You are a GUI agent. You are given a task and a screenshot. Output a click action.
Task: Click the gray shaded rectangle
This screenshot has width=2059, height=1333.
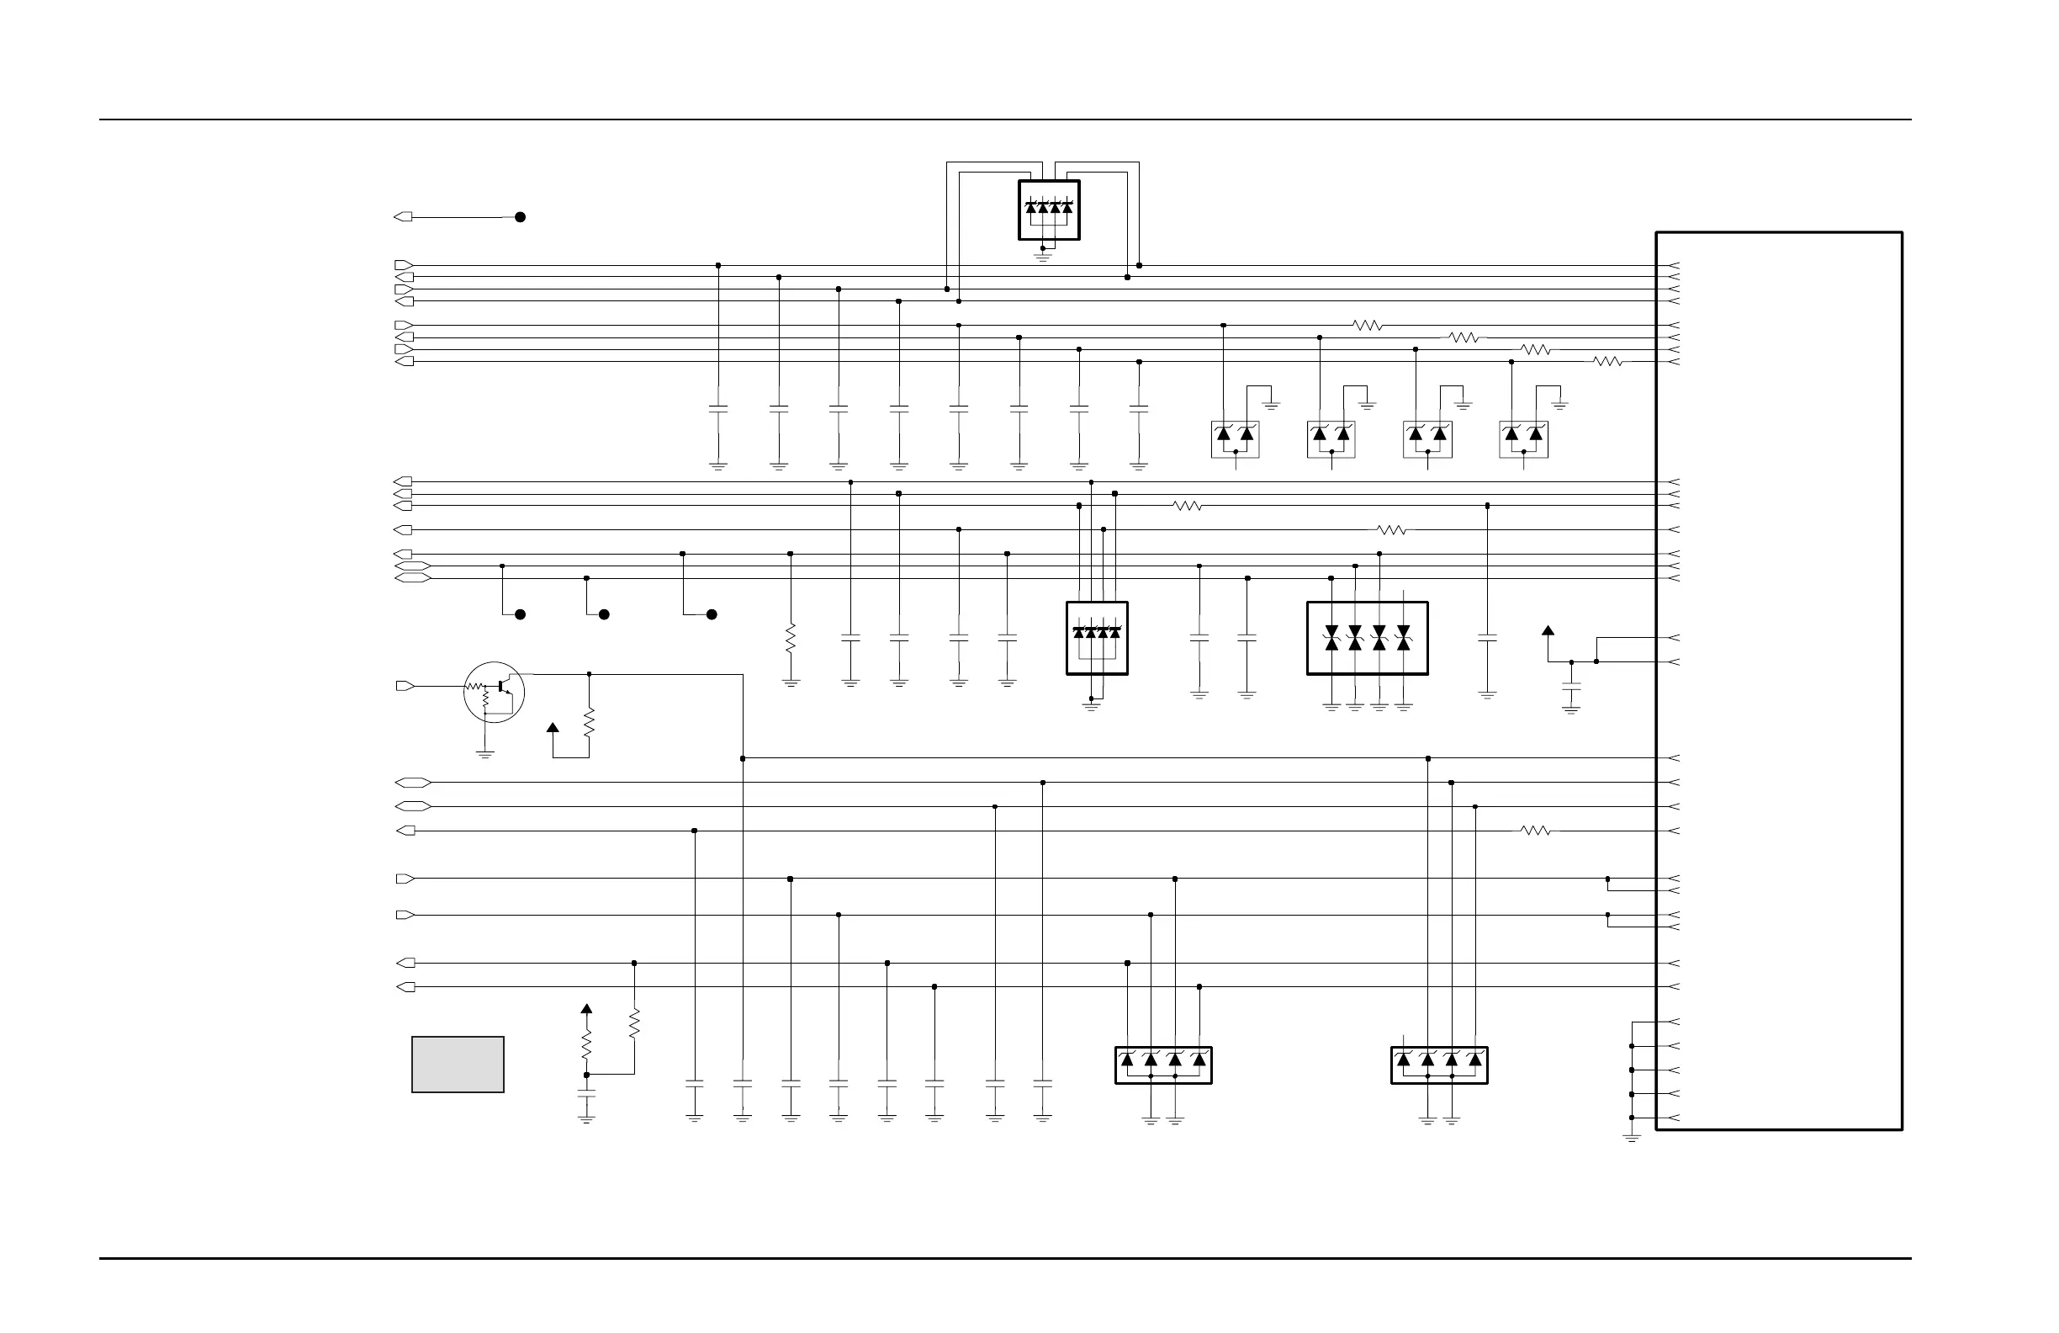point(458,1065)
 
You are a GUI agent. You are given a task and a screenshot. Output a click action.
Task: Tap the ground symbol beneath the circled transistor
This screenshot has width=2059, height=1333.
point(485,755)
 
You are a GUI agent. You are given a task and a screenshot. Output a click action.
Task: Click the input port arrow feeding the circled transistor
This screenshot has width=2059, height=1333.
point(405,687)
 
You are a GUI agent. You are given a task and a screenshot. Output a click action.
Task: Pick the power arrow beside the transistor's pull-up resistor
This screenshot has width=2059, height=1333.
point(553,728)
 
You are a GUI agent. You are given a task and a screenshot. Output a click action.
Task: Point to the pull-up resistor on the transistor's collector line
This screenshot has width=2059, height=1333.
point(589,722)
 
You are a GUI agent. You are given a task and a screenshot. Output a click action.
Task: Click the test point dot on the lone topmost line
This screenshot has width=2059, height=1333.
point(520,217)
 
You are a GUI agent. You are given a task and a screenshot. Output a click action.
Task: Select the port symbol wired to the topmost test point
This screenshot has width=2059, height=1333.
point(403,217)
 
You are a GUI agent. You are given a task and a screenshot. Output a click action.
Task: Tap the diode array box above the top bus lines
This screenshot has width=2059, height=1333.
point(1049,210)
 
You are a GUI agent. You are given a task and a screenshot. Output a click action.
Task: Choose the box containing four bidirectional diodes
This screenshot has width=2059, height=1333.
point(1367,639)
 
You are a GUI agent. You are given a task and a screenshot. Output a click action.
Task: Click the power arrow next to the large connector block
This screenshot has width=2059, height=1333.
point(1548,631)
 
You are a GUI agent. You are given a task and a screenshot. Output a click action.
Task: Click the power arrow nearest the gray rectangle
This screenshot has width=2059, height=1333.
point(586,1009)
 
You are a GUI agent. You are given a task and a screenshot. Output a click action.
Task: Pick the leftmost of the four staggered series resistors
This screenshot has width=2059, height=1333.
point(1367,326)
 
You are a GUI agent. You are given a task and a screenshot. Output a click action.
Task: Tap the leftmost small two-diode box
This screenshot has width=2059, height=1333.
point(1235,440)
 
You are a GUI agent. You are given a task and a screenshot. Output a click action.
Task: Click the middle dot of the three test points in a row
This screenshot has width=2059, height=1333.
point(604,614)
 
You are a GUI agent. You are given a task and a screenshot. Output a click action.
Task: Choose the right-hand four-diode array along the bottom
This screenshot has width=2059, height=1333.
point(1439,1065)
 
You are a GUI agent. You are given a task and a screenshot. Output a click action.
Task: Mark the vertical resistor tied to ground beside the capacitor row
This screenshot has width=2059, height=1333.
point(790,639)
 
